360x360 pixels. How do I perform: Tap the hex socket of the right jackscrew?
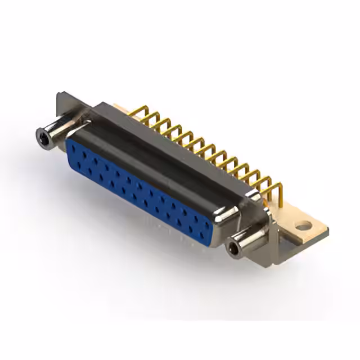coord(232,247)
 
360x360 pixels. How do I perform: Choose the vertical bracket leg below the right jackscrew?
coord(269,256)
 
